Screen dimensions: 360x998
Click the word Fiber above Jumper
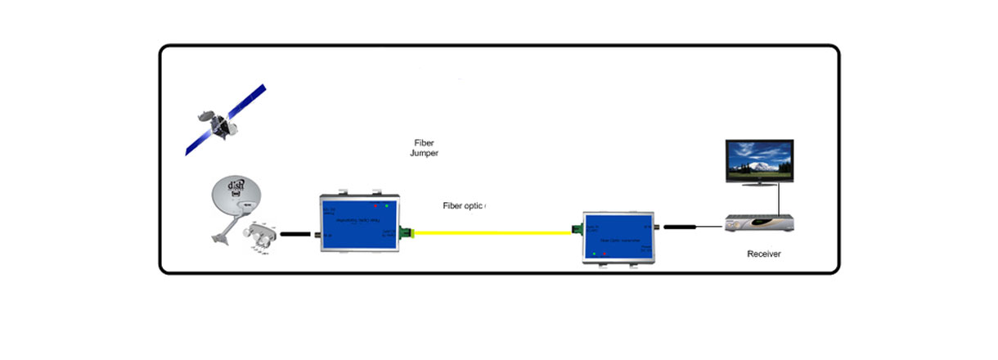click(x=424, y=142)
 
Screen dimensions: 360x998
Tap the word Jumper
click(x=425, y=153)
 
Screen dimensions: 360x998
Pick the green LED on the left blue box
click(x=386, y=205)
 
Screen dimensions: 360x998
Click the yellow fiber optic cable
click(x=491, y=232)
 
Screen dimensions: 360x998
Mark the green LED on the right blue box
click(x=595, y=254)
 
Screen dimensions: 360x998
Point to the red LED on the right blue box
click(x=605, y=254)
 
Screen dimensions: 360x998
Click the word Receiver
click(x=764, y=254)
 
